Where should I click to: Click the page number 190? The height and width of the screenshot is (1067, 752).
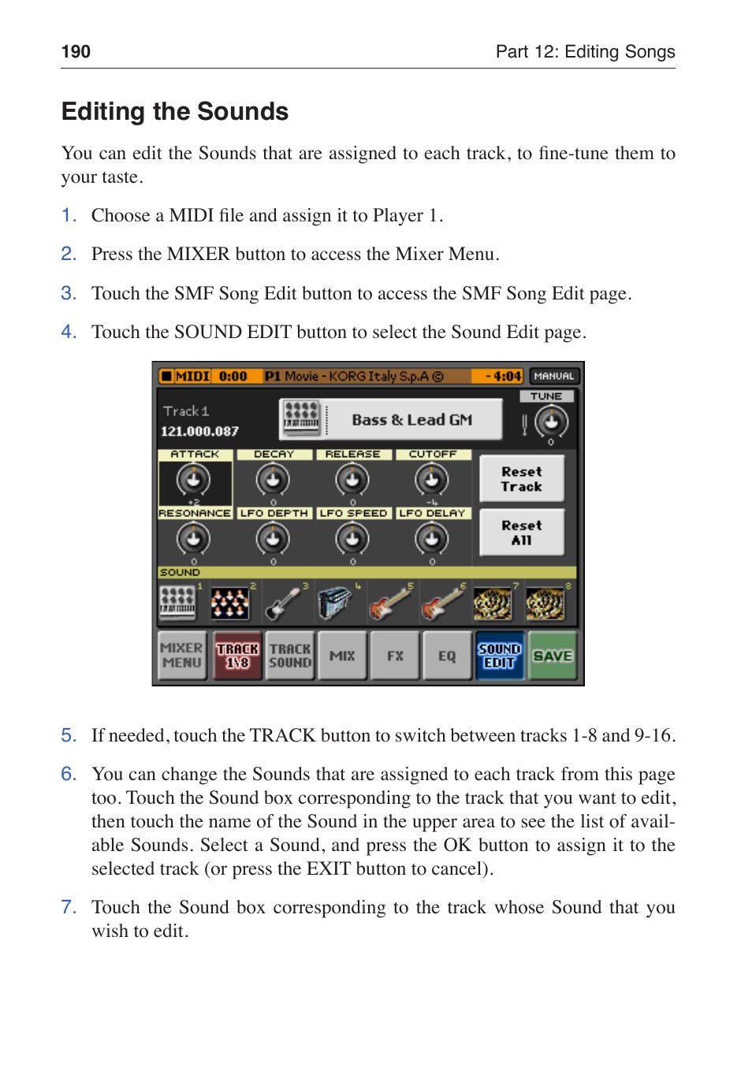point(76,52)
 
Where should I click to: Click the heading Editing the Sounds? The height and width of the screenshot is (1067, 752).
point(175,112)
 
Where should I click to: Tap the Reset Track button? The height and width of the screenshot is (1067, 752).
point(521,479)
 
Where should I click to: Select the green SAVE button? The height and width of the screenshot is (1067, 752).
point(552,656)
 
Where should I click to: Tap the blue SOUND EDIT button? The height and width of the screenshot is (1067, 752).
point(499,656)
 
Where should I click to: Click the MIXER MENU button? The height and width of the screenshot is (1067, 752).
point(182,656)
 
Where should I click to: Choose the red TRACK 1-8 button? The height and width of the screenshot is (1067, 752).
point(237,656)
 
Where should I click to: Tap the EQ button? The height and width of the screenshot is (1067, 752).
point(447,656)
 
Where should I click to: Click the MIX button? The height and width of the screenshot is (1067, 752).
point(342,656)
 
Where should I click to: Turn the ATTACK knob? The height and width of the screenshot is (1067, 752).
point(193,479)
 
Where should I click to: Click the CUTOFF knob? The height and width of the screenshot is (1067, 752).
point(432,479)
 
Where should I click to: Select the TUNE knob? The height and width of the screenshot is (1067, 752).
point(551,422)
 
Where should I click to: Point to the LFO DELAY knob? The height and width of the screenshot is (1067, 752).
point(432,539)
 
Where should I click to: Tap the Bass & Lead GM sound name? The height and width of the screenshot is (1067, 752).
point(411,420)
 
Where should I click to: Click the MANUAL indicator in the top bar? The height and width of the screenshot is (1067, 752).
point(554,377)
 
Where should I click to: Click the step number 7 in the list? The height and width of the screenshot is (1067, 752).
point(69,908)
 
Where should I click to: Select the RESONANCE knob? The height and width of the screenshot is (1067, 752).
point(193,539)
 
